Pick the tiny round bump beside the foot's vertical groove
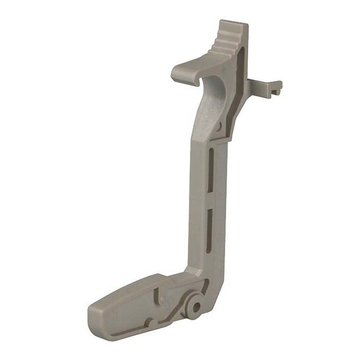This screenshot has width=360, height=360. click(161, 299)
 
